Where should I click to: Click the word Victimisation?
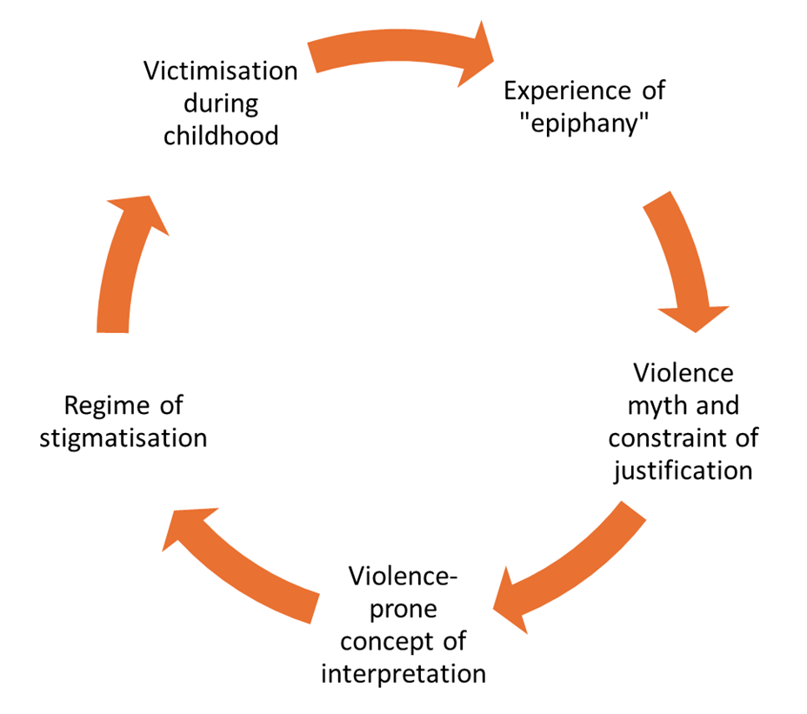(221, 70)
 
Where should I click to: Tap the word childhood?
(221, 136)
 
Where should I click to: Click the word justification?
(683, 470)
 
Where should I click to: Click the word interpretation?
(403, 673)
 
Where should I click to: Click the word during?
(222, 103)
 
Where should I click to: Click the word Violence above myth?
(683, 374)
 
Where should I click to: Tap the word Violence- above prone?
(403, 577)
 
